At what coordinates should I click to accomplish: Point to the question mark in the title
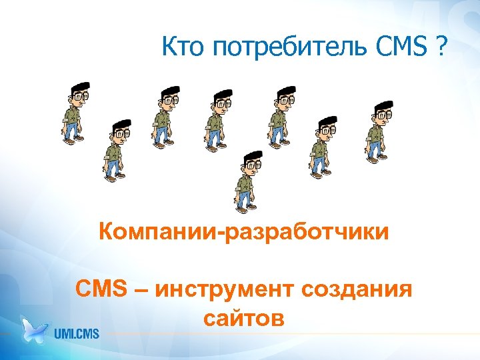click(x=441, y=47)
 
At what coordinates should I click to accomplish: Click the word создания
click(x=357, y=291)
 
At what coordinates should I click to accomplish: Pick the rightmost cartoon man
click(x=378, y=130)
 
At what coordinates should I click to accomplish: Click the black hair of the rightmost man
click(x=383, y=106)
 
